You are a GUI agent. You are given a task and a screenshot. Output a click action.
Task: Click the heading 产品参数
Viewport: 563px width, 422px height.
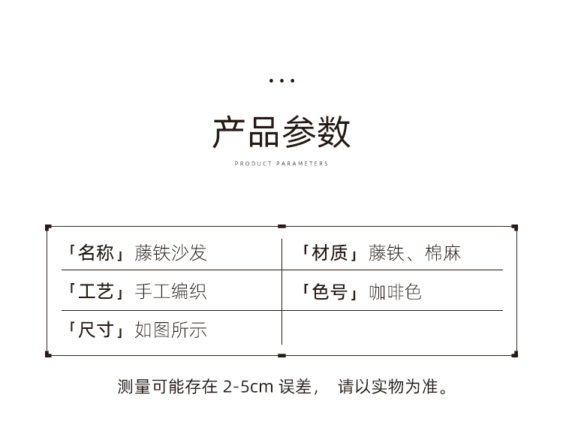pos(281,132)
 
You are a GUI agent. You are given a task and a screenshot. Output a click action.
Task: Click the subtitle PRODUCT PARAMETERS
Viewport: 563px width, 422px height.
pos(281,163)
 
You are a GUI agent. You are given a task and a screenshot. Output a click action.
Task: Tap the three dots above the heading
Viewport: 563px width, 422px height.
pos(281,80)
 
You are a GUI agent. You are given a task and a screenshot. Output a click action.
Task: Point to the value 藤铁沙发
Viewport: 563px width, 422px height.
pos(170,253)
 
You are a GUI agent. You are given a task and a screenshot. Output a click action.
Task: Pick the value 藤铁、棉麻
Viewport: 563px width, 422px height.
pos(414,253)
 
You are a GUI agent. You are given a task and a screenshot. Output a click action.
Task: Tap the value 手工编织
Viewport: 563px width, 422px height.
pos(170,291)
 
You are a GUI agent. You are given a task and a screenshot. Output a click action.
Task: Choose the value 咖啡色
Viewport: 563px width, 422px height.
pos(395,291)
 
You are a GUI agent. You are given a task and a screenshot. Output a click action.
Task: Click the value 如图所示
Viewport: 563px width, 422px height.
pos(170,330)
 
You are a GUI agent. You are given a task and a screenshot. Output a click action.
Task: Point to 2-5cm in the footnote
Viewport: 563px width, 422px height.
pos(248,387)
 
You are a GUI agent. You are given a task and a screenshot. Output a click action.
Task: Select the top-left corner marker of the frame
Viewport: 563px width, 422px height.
pos(48,227)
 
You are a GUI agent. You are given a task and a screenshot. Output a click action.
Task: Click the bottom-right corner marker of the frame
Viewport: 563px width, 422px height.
pos(515,354)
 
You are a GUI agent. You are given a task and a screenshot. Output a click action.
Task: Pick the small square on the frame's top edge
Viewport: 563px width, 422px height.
pos(281,226)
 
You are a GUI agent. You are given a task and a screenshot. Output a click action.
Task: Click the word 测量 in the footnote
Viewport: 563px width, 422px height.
pos(134,387)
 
